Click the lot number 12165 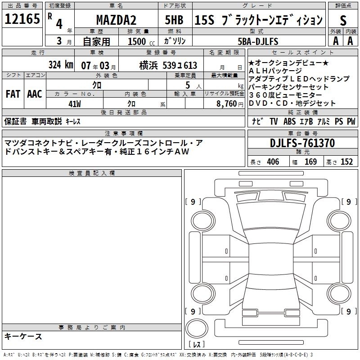22,19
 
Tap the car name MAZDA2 116,20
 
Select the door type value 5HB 174,20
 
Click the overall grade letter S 343,20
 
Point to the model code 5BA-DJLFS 258,41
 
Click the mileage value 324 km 61,64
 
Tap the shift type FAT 13,94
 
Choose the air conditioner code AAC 35,94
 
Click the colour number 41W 75,104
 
